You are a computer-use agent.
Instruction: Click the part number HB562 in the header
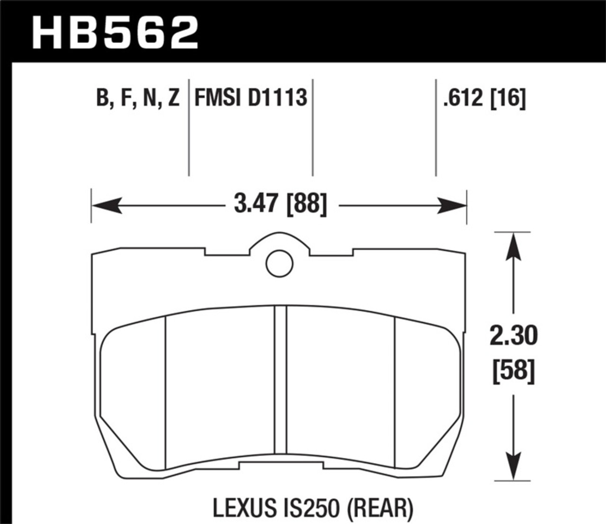(116, 32)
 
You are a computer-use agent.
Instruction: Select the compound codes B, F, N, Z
(138, 98)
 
